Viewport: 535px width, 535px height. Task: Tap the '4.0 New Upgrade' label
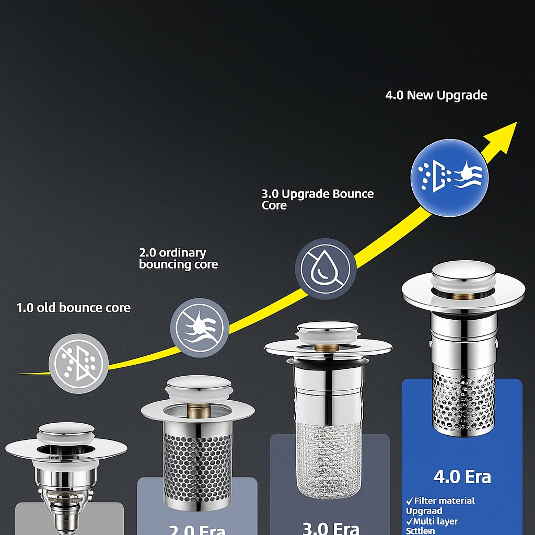click(x=436, y=95)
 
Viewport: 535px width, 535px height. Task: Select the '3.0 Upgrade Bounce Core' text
click(x=317, y=200)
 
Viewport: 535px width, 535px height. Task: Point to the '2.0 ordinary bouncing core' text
click(x=178, y=259)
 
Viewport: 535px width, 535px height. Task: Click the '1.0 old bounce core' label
click(x=74, y=307)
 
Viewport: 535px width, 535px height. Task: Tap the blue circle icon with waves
click(x=449, y=177)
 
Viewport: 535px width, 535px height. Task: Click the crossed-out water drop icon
click(x=325, y=269)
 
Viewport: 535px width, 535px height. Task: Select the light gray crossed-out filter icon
click(x=78, y=363)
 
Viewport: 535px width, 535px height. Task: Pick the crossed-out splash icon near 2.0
click(x=200, y=328)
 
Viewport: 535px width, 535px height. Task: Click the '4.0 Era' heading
click(x=462, y=477)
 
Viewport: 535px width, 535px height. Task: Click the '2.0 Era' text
click(x=197, y=529)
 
